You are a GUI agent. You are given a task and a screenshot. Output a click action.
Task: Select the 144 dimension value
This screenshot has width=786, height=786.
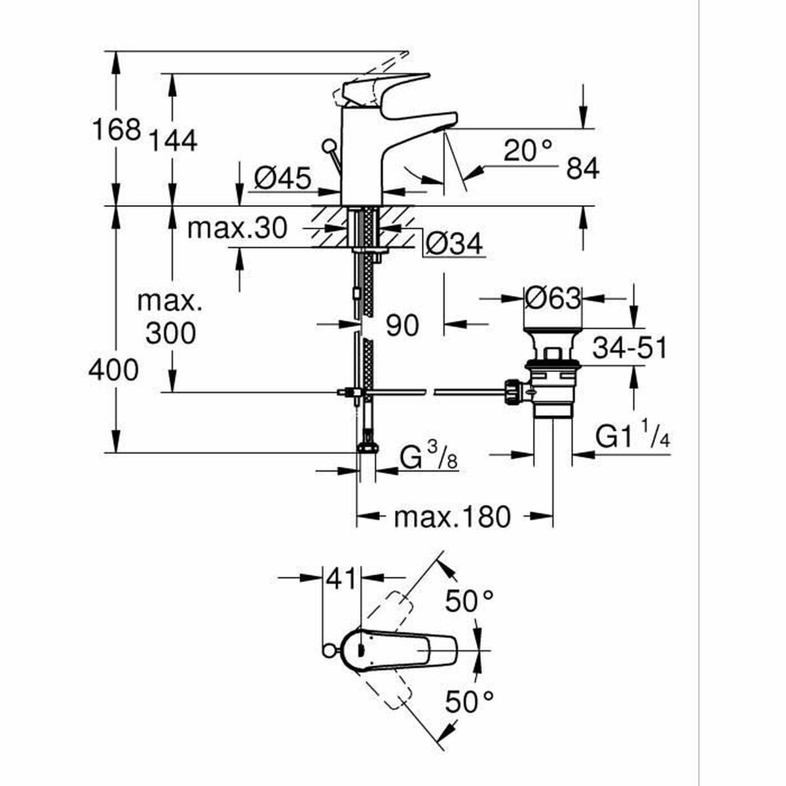[x=173, y=141]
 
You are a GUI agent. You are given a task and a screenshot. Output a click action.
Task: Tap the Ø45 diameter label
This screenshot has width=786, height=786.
[x=282, y=178]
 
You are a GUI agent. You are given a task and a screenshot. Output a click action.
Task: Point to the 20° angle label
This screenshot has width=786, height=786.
[x=529, y=151]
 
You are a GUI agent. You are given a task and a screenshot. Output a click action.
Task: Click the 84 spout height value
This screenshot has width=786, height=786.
[x=582, y=170]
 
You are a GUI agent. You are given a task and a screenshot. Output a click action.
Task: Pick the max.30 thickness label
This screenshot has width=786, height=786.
[x=237, y=229]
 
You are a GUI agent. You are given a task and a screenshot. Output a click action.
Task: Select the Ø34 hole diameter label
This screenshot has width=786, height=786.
[x=454, y=245]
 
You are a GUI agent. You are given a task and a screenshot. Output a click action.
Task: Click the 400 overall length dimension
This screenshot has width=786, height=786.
[x=113, y=371]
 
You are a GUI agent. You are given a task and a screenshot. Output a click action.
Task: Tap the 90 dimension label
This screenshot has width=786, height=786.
[x=402, y=325]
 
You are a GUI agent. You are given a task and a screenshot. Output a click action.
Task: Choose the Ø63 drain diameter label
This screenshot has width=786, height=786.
[x=553, y=299]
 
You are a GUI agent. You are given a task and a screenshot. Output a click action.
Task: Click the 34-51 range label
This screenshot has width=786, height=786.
[x=629, y=348]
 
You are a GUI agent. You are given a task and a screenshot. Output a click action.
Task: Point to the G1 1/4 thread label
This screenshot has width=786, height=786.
[x=633, y=437]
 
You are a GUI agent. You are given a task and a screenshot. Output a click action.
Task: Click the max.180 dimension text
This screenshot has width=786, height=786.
[x=451, y=517]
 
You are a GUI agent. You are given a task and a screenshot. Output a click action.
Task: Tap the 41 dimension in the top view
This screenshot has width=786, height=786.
[x=341, y=579]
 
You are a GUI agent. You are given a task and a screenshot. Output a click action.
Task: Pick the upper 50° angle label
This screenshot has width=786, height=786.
[x=469, y=601]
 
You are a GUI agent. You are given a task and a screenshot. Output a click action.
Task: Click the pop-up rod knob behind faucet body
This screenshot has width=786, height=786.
[x=327, y=145]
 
